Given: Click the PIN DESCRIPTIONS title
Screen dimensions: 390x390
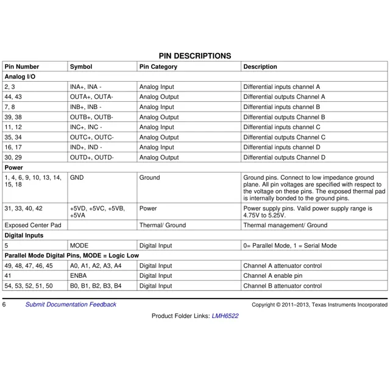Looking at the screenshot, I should coord(195,56).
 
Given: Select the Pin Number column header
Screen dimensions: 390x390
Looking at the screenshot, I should coord(22,66).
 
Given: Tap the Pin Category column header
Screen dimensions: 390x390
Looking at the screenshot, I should coord(158,66).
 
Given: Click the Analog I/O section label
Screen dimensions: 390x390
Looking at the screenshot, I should coord(20,77).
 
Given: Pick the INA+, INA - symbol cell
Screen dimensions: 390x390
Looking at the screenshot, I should coord(86,87).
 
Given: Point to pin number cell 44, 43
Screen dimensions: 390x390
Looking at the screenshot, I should coord(13,97).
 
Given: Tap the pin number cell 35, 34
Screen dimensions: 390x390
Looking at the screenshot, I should coord(13,137).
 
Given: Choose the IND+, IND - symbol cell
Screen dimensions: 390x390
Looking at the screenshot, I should coord(86,147).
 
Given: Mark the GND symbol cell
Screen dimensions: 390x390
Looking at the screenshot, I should coord(77,178).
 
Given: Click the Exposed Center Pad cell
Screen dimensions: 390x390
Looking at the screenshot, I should coord(33,225).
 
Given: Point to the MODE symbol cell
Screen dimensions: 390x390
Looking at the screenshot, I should coord(80,246).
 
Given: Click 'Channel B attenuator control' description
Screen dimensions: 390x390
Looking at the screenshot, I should coord(282,286).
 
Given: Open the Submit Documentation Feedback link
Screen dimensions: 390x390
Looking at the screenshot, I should coord(71,304).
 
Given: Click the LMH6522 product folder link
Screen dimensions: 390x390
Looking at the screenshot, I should coord(225,316).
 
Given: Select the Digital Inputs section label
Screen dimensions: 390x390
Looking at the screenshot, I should coord(24,235).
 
